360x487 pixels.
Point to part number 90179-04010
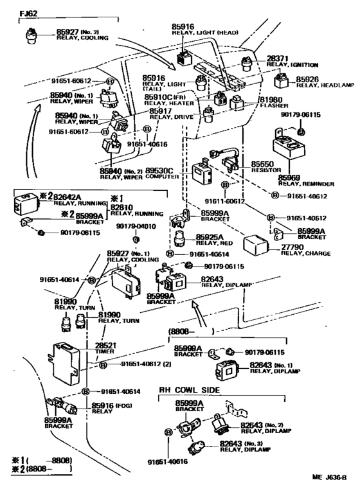coord(136,227)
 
